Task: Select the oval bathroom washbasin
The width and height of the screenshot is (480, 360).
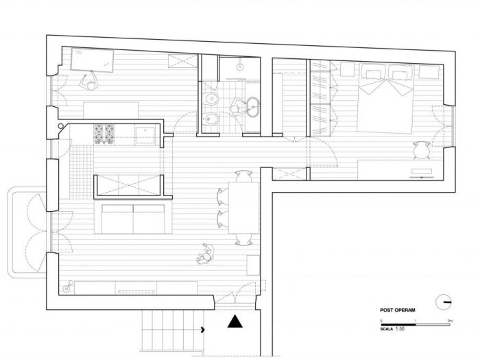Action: point(254,106)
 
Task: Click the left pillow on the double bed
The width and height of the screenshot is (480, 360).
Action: point(374,71)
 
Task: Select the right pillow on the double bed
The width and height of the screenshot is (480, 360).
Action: point(399,71)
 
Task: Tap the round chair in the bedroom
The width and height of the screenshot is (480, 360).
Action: point(420,149)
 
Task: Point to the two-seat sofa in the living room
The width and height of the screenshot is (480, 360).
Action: point(132,217)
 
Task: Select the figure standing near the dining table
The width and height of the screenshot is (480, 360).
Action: point(204,255)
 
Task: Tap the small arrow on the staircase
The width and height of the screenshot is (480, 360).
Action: point(204,331)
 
